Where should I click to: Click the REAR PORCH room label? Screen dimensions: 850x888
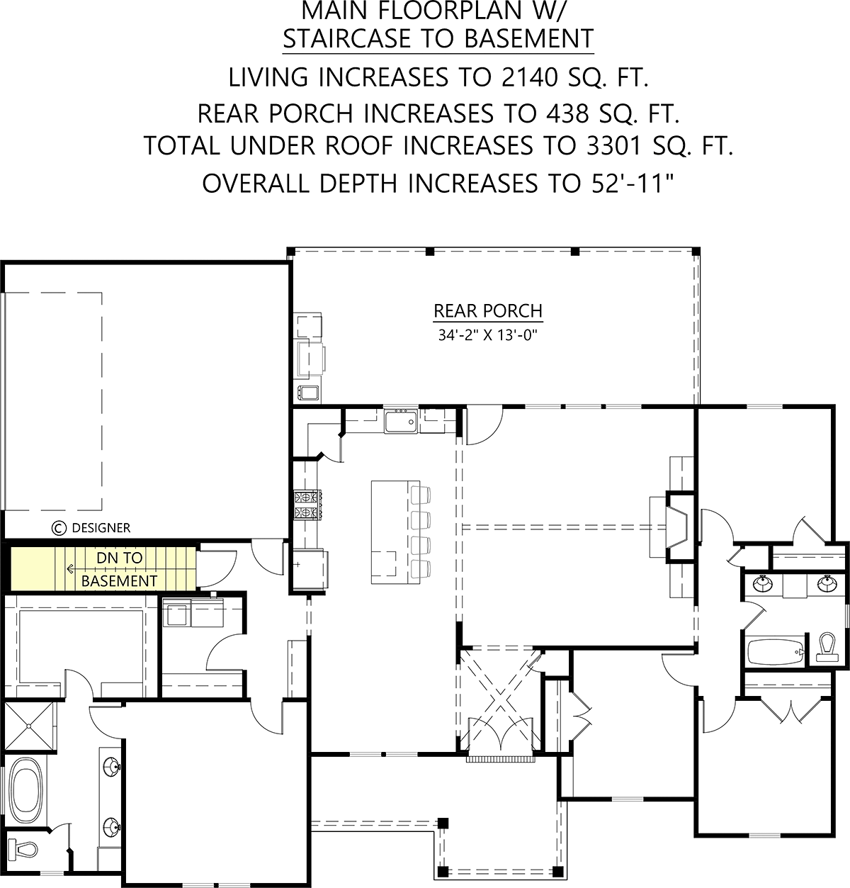pos(488,311)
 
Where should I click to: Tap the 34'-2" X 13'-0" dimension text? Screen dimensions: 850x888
pos(488,335)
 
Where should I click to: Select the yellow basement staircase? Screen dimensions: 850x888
pos(103,569)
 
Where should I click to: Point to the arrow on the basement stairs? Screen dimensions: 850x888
pos(71,569)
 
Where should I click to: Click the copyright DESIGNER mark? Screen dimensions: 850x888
pos(91,528)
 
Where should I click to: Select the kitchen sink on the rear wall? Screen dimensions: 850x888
pos(400,421)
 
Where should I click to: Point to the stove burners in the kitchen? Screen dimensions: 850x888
pos(308,505)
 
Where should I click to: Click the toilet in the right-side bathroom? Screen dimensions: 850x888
pos(827,647)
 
